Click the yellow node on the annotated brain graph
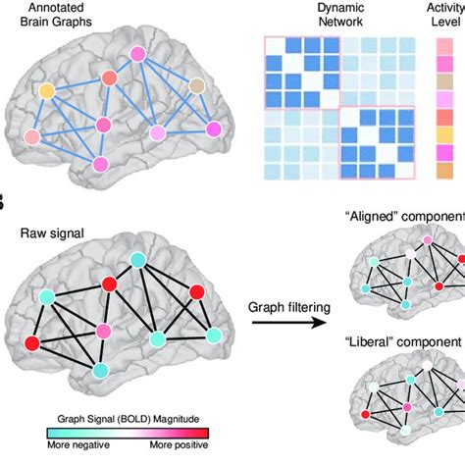point(47,91)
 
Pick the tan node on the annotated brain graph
point(199,85)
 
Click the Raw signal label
point(52,232)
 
